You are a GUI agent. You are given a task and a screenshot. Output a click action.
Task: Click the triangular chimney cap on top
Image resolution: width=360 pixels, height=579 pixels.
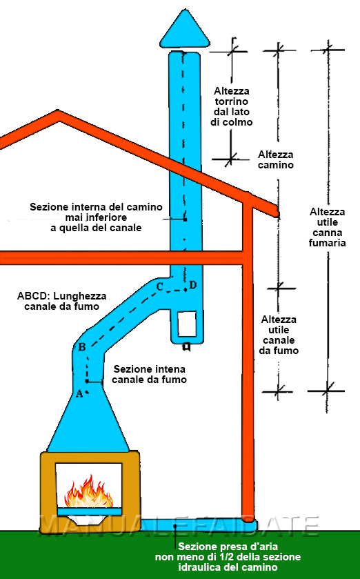[184, 30]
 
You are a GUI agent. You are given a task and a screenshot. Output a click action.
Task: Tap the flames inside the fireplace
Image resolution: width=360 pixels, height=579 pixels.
[88, 493]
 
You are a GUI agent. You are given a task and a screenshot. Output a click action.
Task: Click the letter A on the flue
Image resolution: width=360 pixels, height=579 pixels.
[79, 394]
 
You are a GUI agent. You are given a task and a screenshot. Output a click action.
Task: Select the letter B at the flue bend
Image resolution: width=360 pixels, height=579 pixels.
[82, 347]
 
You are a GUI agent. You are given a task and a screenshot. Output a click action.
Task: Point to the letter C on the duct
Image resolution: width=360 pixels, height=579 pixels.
[160, 286]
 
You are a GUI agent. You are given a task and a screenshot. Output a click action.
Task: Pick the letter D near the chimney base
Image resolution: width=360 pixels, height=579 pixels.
[192, 285]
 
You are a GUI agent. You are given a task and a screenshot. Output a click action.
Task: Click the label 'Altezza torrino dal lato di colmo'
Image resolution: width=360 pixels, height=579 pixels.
[232, 106]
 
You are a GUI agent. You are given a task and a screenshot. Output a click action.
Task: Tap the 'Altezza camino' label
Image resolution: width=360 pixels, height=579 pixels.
[276, 159]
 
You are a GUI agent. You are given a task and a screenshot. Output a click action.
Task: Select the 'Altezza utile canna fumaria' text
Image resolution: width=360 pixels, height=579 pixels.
[328, 227]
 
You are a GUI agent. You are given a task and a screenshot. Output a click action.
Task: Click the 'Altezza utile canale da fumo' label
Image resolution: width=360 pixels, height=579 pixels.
[279, 335]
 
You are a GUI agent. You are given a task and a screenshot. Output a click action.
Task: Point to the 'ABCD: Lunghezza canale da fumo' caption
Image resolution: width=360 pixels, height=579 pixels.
[62, 301]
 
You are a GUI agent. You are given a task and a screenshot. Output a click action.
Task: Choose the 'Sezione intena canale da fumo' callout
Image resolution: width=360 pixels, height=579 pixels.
[150, 374]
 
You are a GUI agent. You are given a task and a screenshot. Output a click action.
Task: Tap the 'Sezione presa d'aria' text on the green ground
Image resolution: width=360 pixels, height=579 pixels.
[228, 556]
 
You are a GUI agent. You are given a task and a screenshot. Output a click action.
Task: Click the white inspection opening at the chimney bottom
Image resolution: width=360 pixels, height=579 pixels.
[187, 324]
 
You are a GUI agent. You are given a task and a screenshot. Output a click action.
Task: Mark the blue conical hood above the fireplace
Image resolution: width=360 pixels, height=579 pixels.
[88, 421]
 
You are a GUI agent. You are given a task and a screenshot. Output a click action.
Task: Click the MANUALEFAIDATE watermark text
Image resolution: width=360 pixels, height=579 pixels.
[179, 526]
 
